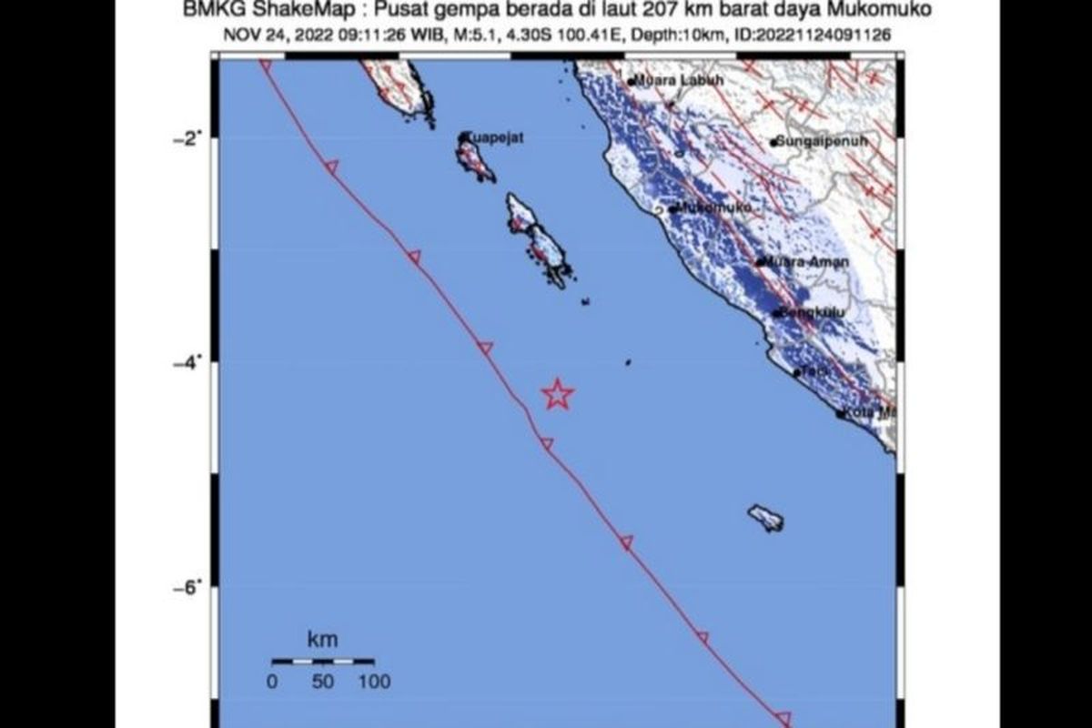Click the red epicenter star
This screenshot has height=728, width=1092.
coord(557,394)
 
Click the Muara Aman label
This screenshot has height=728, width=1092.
coord(806,262)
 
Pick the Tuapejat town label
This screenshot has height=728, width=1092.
coord(497,137)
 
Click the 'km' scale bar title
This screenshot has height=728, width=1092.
coord(323,641)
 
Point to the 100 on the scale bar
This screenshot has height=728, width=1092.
coord(373,681)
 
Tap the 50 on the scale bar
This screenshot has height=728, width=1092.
coord(323,681)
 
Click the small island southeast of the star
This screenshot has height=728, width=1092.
coord(766,519)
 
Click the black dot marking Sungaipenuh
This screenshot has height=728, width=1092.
coord(773,142)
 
